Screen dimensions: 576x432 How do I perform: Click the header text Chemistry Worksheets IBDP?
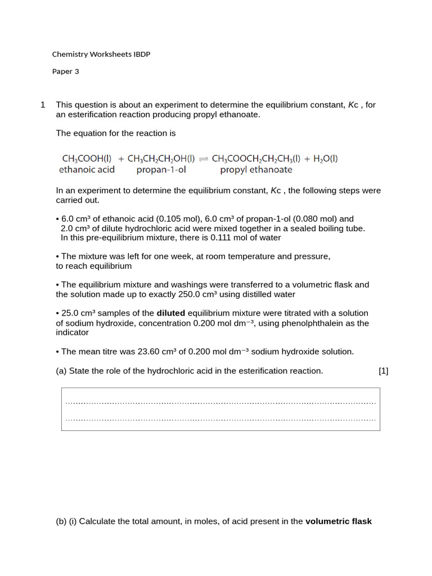pos(101,55)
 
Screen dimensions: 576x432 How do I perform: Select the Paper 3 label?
pos(66,71)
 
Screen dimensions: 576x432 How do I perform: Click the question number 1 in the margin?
pos(43,105)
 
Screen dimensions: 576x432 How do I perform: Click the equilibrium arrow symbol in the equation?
pos(203,159)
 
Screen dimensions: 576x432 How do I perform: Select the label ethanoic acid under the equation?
pos(87,169)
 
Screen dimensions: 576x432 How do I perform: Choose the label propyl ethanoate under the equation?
pos(256,169)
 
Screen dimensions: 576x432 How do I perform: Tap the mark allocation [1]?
pos(384,371)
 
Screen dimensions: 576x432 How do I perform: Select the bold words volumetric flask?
pos(339,521)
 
